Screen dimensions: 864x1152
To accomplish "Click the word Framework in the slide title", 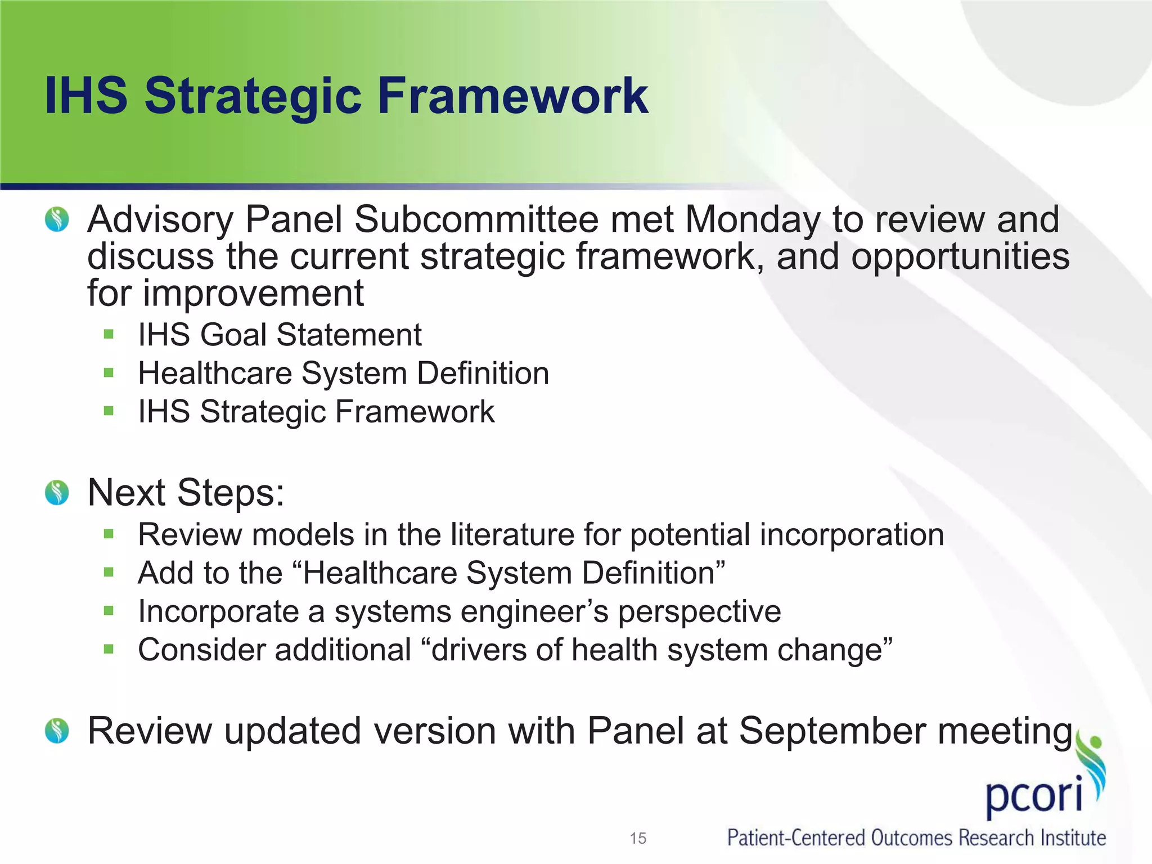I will pyautogui.click(x=513, y=96).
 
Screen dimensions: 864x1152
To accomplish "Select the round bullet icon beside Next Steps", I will pyautogui.click(x=57, y=493).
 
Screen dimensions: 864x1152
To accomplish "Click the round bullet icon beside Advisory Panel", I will pyautogui.click(x=57, y=219).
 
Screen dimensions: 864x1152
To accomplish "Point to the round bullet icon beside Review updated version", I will pyautogui.click(x=57, y=731).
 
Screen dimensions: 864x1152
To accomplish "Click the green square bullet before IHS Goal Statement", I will pyautogui.click(x=109, y=335).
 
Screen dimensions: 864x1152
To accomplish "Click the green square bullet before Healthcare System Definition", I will pyautogui.click(x=109, y=373).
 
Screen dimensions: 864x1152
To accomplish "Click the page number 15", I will pyautogui.click(x=638, y=838).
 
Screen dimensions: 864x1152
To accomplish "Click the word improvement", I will pyautogui.click(x=253, y=293).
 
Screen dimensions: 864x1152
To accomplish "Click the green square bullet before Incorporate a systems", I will pyautogui.click(x=109, y=611).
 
